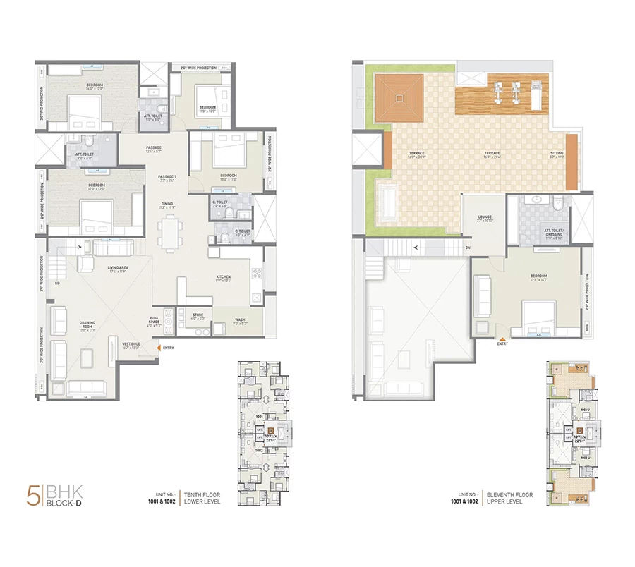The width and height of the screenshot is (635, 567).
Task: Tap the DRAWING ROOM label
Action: pos(87,324)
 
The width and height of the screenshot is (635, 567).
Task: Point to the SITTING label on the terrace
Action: pos(557,154)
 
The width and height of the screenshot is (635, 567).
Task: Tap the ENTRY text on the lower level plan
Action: pos(169,347)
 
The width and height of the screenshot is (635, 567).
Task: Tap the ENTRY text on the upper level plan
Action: pos(502,343)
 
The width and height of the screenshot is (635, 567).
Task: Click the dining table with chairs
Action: pos(169,233)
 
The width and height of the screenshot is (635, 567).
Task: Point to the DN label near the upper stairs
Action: pos(468,248)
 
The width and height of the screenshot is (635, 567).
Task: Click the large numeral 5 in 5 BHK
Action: pos(32,495)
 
